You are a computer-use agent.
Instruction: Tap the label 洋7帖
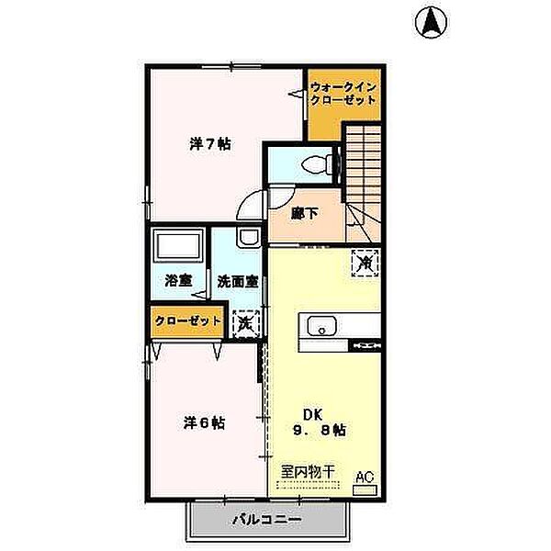pos(210,144)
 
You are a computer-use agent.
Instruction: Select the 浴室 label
pos(178,281)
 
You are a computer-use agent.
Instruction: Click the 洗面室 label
pos(236,281)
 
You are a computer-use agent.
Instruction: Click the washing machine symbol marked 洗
pos(245,322)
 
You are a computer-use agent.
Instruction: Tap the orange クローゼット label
pos(187,321)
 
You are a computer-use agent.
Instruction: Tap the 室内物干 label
pos(308,471)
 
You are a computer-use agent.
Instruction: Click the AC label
pos(365,476)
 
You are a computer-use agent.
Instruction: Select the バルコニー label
pos(266,520)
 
